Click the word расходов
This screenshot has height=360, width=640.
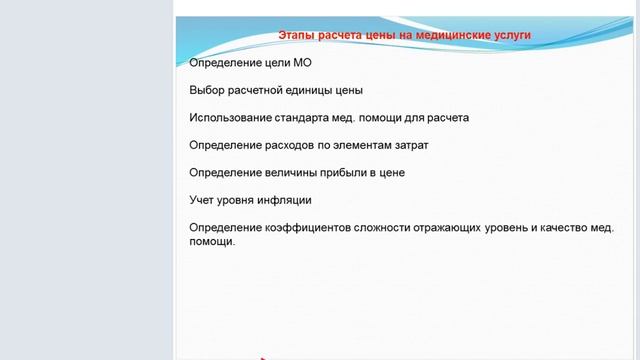pyautogui.click(x=299, y=145)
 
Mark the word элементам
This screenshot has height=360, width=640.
pyautogui.click(x=368, y=145)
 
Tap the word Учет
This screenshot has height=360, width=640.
pyautogui.click(x=204, y=199)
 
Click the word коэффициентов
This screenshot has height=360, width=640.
pyautogui.click(x=317, y=227)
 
